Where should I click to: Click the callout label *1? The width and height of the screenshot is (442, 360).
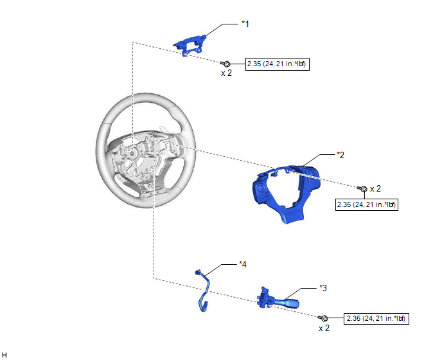click(x=245, y=24)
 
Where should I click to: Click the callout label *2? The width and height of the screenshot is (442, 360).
click(x=340, y=155)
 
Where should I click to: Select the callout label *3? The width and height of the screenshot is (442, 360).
click(x=323, y=288)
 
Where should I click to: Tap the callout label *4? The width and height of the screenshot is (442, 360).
click(x=243, y=264)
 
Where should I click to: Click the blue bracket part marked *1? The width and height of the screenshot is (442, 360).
click(x=190, y=44)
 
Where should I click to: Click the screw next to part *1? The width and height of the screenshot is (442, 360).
click(x=225, y=64)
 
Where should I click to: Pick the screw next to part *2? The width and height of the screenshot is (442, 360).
click(x=362, y=188)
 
